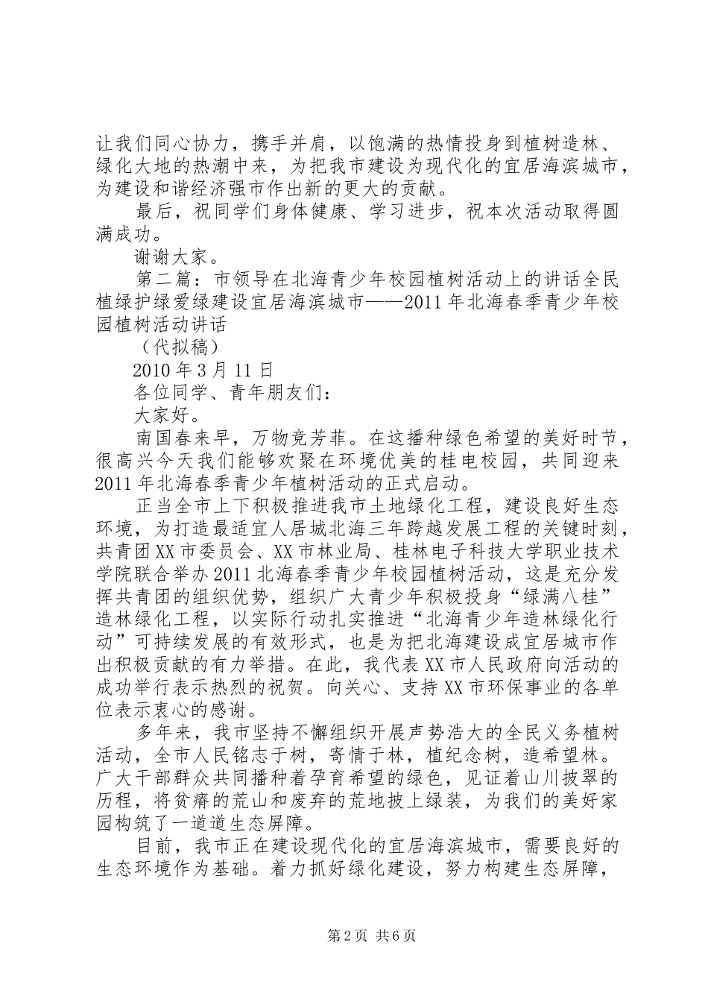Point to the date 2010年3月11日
pyautogui.click(x=203, y=369)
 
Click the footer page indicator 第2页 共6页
pyautogui.click(x=353, y=936)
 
